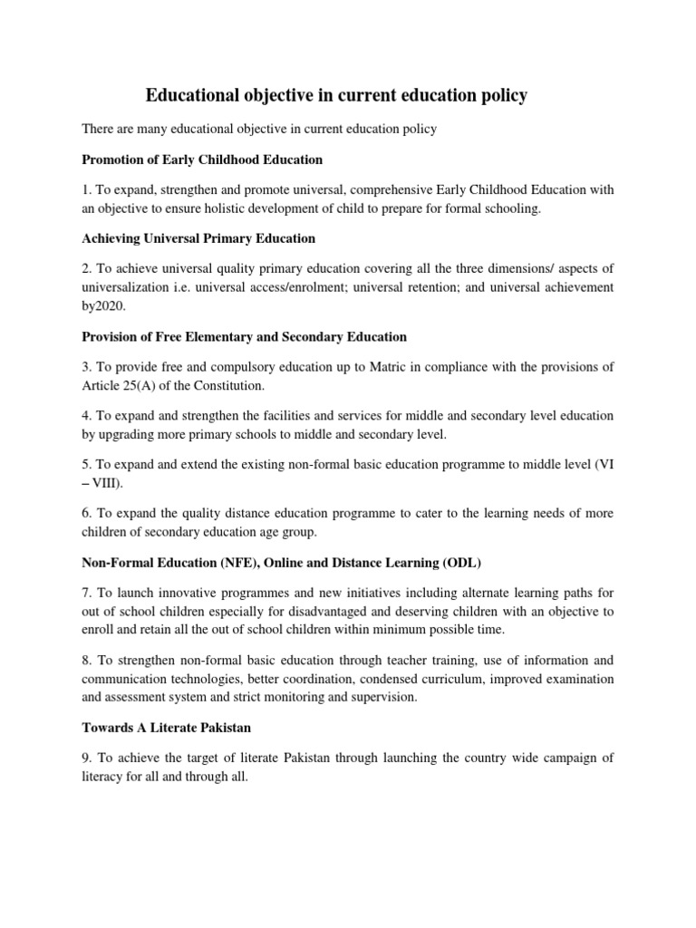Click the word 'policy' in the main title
[501, 95]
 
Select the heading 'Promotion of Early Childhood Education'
[202, 159]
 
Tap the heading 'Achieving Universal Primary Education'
[198, 238]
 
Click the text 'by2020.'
[104, 305]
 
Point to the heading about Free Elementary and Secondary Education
[244, 336]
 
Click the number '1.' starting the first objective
[87, 189]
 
